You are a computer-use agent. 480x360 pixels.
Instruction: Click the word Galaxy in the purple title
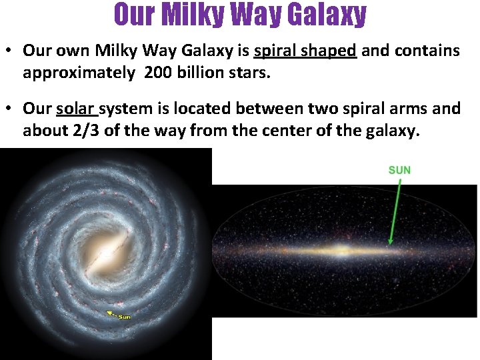pos(327,14)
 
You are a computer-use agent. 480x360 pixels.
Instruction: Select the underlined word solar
pos(75,108)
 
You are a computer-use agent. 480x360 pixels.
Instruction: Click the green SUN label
pos(399,170)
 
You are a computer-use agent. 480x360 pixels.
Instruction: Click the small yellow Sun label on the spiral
pos(124,316)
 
